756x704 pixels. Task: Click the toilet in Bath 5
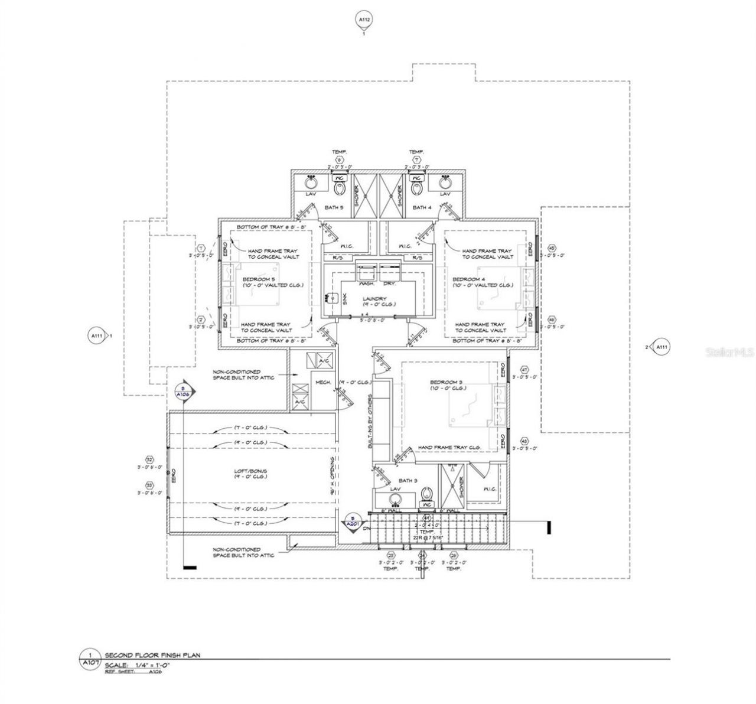pyautogui.click(x=339, y=188)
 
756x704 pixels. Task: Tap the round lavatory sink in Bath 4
pyautogui.click(x=445, y=182)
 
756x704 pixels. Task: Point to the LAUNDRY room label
pyautogui.click(x=374, y=299)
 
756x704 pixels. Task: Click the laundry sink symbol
pyautogui.click(x=330, y=299)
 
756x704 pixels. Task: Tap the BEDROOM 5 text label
pyautogui.click(x=258, y=279)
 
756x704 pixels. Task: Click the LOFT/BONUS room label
pyautogui.click(x=250, y=471)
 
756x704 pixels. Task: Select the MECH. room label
pyautogui.click(x=322, y=383)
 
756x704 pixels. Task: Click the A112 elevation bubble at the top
pyautogui.click(x=364, y=21)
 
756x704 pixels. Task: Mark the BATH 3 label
pyautogui.click(x=408, y=481)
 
